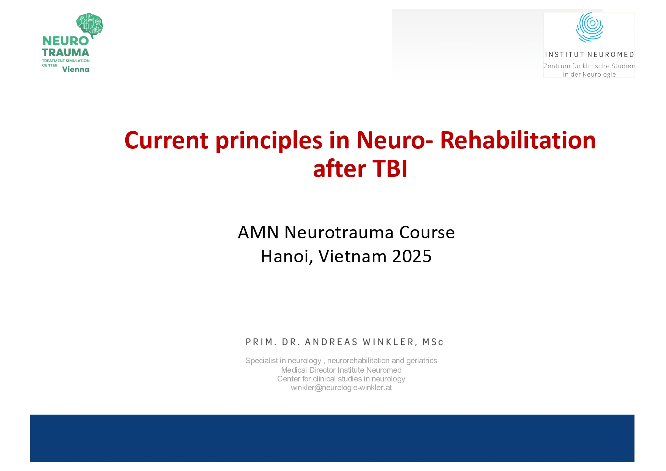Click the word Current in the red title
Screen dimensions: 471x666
(166, 140)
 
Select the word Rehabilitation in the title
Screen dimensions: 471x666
(518, 140)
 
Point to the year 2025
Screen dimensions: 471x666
(412, 256)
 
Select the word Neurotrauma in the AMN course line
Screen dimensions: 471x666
(339, 232)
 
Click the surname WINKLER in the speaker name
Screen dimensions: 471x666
(388, 342)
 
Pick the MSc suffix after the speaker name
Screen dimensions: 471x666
(433, 342)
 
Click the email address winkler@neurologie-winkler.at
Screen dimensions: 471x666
(341, 388)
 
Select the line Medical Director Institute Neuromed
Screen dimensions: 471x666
(341, 370)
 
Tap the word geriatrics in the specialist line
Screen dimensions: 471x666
(421, 361)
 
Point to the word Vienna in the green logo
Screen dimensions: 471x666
(76, 69)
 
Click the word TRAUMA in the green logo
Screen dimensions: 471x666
(66, 52)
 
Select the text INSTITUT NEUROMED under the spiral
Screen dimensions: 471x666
(589, 55)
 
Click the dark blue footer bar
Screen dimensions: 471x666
(332, 438)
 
